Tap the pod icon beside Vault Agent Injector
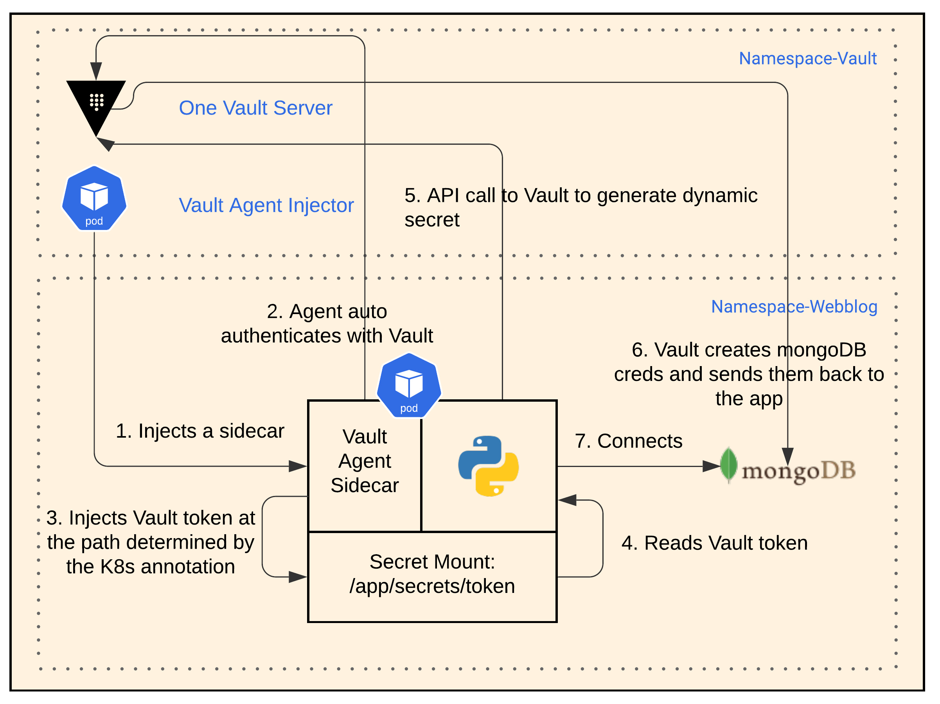94,198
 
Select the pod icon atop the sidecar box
409,385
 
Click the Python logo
488,466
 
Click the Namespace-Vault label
807,58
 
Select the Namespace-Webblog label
794,306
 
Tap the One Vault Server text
255,108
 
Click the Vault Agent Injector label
266,205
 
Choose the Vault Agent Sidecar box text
365,461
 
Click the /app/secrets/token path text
432,586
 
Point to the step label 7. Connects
629,441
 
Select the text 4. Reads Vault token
714,543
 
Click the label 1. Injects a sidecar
200,431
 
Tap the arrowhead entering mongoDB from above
787,456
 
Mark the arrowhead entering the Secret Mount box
297,577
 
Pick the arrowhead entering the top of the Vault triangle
96,70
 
